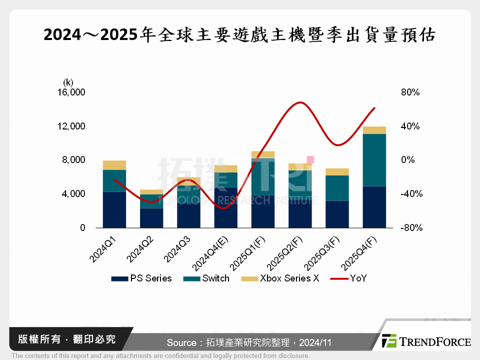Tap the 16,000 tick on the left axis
point(72,92)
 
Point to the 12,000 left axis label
point(72,126)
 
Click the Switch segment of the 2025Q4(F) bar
point(374,160)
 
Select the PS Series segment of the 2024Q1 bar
point(114,209)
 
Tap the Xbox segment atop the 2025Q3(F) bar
point(337,172)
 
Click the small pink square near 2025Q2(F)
point(310,160)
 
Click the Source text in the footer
point(248,342)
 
